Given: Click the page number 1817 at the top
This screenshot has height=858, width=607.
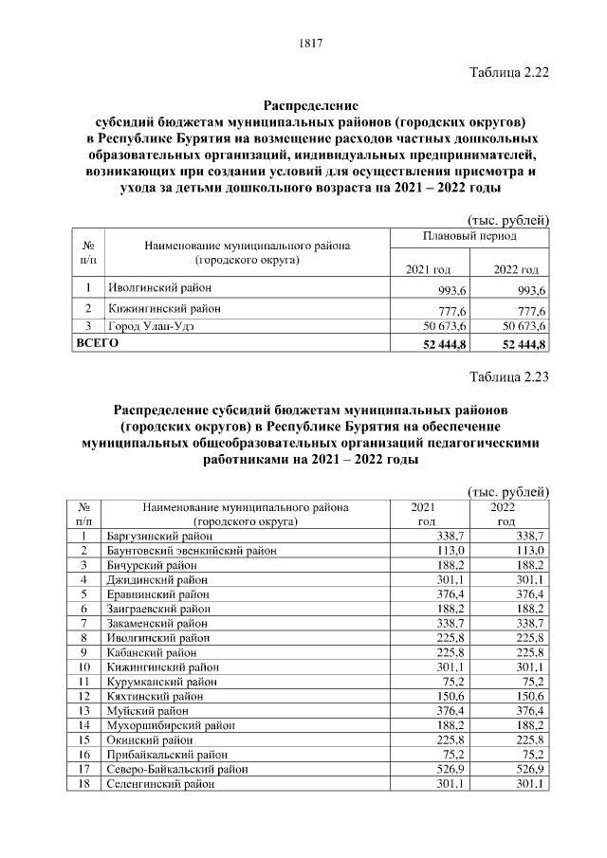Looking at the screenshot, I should [x=312, y=43].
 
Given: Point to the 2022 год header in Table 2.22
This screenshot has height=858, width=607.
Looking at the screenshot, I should [x=516, y=270].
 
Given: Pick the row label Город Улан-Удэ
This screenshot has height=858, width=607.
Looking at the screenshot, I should [x=154, y=326].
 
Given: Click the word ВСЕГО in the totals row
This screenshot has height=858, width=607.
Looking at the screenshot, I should [x=98, y=342].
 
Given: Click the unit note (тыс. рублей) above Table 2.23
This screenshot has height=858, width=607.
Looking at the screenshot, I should [x=509, y=491].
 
